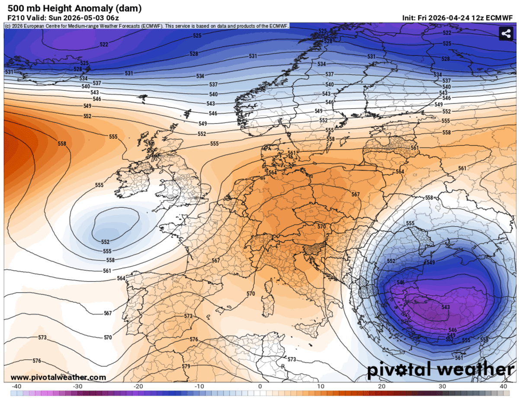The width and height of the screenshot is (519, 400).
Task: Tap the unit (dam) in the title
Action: coord(129,8)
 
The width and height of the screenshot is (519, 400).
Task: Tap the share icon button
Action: coord(505,34)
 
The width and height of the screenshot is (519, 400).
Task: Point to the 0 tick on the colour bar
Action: coord(260,386)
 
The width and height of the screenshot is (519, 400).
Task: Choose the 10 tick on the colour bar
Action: coord(321,386)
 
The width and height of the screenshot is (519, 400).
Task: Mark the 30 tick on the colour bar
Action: coord(442,386)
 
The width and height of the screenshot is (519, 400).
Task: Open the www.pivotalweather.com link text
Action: coord(58,378)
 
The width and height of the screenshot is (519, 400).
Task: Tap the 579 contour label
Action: coord(186,366)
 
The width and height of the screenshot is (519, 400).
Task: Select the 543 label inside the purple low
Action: coord(445,307)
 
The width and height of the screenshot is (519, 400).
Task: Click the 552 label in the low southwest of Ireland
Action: coord(106,242)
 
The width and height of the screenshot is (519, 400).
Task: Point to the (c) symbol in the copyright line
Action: coord(7,26)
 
